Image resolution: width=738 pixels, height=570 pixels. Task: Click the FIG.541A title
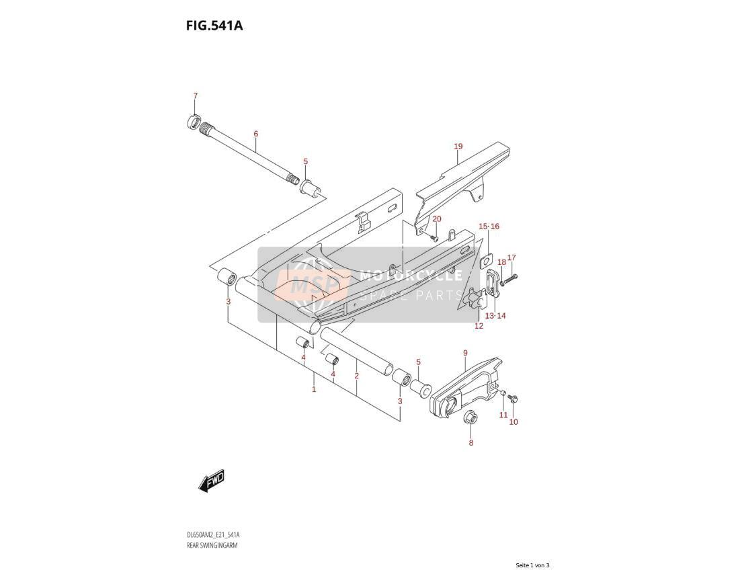214,26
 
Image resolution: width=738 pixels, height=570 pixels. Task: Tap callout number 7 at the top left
196,96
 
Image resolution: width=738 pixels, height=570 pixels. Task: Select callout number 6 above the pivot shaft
255,134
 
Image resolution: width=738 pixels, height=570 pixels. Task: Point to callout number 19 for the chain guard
458,147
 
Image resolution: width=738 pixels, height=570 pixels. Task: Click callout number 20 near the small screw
437,219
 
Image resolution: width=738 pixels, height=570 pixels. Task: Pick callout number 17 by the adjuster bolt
511,257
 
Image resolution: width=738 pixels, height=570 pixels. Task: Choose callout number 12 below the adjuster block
479,326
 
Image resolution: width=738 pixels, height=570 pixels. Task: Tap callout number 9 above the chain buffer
465,353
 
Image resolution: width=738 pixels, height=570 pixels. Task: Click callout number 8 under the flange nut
471,442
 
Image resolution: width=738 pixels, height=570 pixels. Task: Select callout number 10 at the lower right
514,421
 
